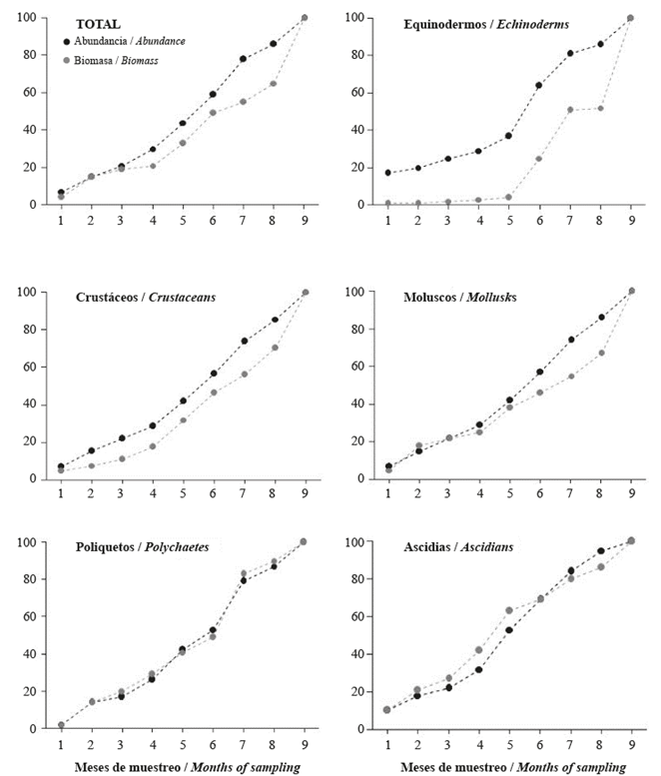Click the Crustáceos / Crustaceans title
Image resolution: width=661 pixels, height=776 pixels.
tap(145, 298)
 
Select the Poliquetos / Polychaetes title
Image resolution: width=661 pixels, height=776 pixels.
tap(142, 547)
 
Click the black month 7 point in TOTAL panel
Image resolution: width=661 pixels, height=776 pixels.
tap(243, 59)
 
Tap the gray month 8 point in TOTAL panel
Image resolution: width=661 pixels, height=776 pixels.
tap(273, 83)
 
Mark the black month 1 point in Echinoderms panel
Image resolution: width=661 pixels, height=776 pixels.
tap(387, 173)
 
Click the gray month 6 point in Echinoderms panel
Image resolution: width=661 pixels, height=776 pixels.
tap(539, 158)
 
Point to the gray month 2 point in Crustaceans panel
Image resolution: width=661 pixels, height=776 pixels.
tap(91, 465)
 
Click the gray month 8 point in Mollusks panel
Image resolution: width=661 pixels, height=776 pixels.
tap(599, 353)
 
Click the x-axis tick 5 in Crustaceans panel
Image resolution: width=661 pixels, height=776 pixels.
tap(182, 493)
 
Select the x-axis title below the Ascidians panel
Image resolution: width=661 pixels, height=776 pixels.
tap(514, 767)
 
